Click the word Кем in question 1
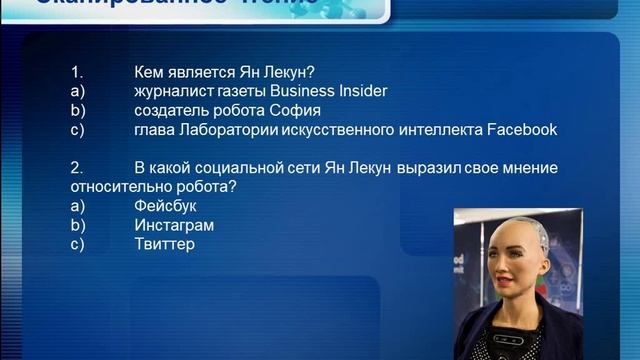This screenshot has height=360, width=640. [149, 72]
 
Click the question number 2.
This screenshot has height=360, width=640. [76, 168]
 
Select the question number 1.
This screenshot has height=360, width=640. [75, 72]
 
